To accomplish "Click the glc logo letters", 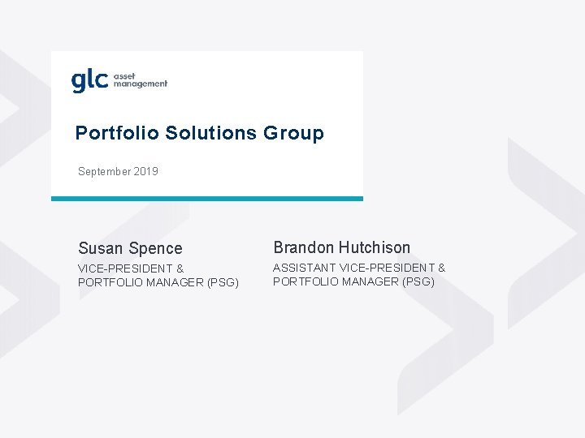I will point(89,81).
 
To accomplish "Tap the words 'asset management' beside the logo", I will point(140,79).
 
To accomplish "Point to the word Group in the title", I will point(293,133).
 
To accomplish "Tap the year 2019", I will point(148,172).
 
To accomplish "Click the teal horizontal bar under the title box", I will point(207,199).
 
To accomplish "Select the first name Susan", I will point(101,248).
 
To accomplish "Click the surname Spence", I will point(155,248).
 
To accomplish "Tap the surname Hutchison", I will point(375,247).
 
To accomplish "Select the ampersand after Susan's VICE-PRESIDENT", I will point(180,268).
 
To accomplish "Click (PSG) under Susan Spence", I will point(223,282).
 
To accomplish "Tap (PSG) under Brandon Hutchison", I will point(418,281).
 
